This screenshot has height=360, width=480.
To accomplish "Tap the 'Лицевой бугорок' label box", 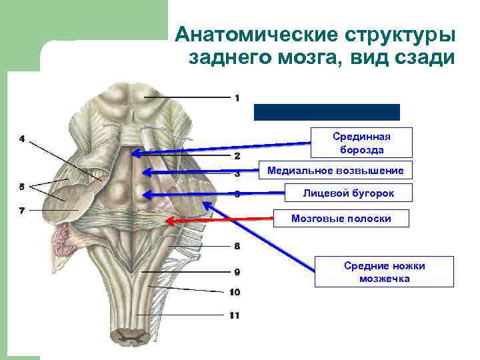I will coord(348,193).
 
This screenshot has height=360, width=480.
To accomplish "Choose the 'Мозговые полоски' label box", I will coord(341,218).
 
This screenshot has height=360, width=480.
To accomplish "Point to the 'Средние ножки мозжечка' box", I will coord(384,272).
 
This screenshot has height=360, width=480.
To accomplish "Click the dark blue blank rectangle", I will coord(327,112).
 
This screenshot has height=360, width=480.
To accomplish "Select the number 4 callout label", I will coord(22,139).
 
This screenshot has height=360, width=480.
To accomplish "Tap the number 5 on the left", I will coord(22,185).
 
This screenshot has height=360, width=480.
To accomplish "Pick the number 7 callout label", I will coord(22,211).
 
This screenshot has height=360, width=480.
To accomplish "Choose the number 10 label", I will coord(235,292).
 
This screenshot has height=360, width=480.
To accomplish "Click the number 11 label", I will coord(234,315).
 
